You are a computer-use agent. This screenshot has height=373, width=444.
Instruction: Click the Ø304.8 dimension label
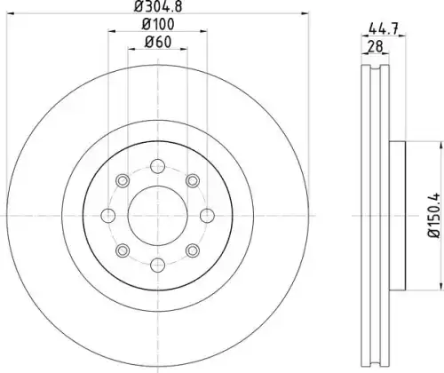[158, 6]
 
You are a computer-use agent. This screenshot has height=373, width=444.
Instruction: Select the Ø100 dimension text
[158, 24]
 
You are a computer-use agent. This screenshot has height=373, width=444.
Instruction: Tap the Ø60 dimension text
[158, 42]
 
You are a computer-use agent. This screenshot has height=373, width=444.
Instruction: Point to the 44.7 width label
[384, 29]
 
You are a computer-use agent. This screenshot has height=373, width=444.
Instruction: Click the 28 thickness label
[375, 46]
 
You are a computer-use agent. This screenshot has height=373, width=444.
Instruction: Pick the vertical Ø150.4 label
[434, 215]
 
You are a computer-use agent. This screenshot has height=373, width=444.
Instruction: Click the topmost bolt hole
[157, 166]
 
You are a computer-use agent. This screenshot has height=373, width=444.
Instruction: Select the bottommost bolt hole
[157, 265]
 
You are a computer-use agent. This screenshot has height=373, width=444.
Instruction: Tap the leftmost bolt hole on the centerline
[108, 216]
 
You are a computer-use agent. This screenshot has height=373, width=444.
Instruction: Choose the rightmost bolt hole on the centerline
[207, 216]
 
